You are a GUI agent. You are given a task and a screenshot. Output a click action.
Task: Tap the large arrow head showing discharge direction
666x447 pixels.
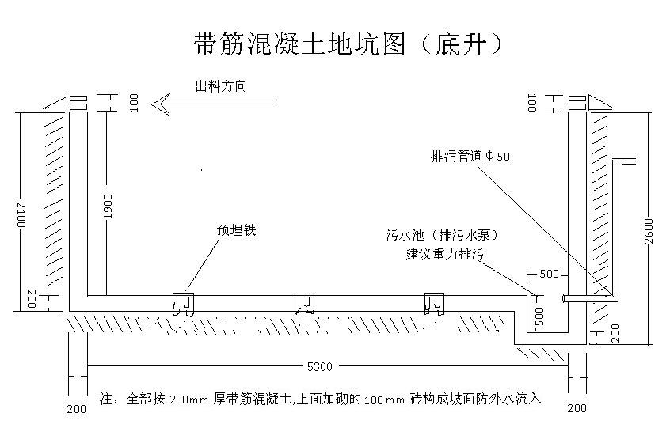tap(163, 103)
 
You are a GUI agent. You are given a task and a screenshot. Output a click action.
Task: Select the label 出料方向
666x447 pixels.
tap(220, 85)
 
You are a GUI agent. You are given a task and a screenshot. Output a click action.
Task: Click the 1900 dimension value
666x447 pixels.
tap(108, 206)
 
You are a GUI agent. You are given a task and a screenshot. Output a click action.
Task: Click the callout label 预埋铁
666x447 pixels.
tap(236, 231)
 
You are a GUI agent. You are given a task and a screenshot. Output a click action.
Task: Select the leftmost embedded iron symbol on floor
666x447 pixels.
tap(182, 305)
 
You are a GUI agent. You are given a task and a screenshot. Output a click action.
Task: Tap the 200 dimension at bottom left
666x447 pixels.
tap(76, 408)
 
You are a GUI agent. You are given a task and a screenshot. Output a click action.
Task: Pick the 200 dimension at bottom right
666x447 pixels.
tap(577, 408)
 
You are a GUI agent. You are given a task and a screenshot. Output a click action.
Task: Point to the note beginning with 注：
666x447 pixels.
tap(321, 398)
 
